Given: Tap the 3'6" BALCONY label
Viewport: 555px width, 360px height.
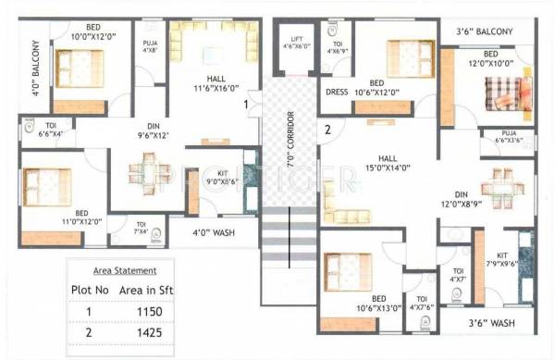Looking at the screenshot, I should (x=484, y=31).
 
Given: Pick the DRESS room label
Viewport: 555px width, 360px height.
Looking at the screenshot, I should (x=336, y=92).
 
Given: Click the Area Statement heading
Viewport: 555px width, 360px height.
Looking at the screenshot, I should (x=125, y=270).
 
